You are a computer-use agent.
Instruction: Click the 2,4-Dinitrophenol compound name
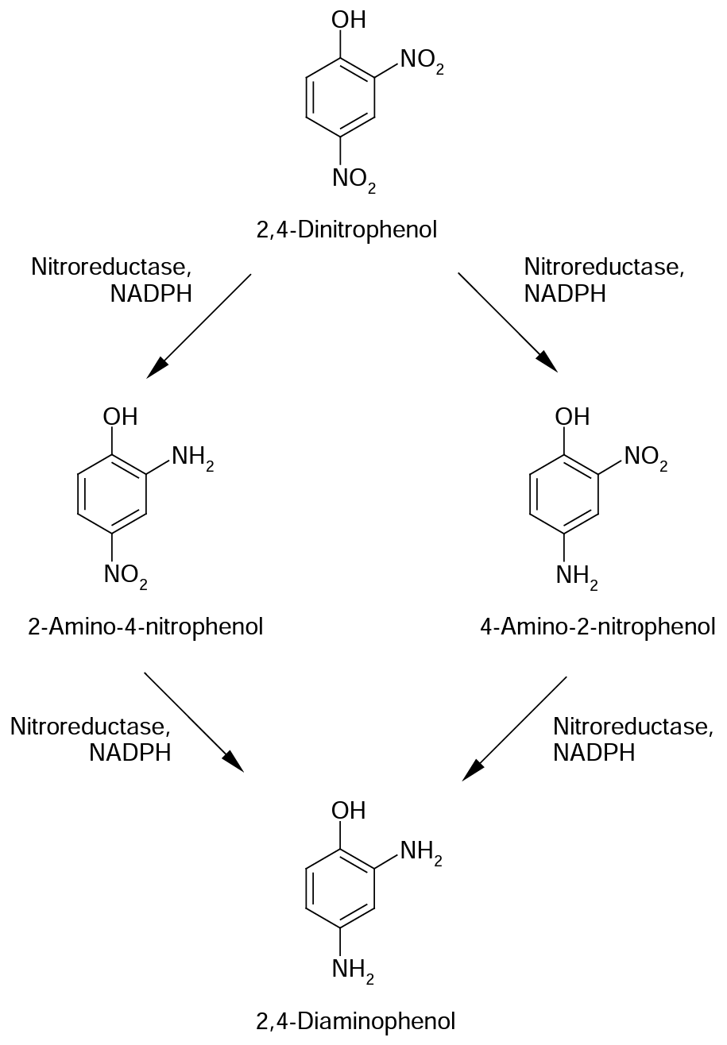tap(346, 230)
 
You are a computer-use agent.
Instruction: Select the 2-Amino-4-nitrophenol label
tap(145, 627)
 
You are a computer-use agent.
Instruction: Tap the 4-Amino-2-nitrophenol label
tap(597, 627)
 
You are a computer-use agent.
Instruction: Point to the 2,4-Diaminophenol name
tap(355, 1020)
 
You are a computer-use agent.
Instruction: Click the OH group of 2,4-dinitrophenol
tap(349, 20)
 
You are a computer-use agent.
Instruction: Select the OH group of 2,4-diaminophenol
tap(349, 811)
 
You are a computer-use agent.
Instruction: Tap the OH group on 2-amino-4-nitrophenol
tap(120, 416)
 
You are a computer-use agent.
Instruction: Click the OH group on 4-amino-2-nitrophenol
tap(572, 416)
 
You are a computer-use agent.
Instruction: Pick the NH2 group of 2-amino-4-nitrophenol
tap(192, 457)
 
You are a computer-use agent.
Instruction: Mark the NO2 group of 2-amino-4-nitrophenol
tap(125, 576)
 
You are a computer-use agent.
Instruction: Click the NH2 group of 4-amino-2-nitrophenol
tap(577, 576)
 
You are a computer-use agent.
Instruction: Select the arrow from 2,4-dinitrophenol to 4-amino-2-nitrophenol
tap(508, 322)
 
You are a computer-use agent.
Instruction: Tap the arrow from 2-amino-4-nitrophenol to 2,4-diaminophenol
tap(194, 722)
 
